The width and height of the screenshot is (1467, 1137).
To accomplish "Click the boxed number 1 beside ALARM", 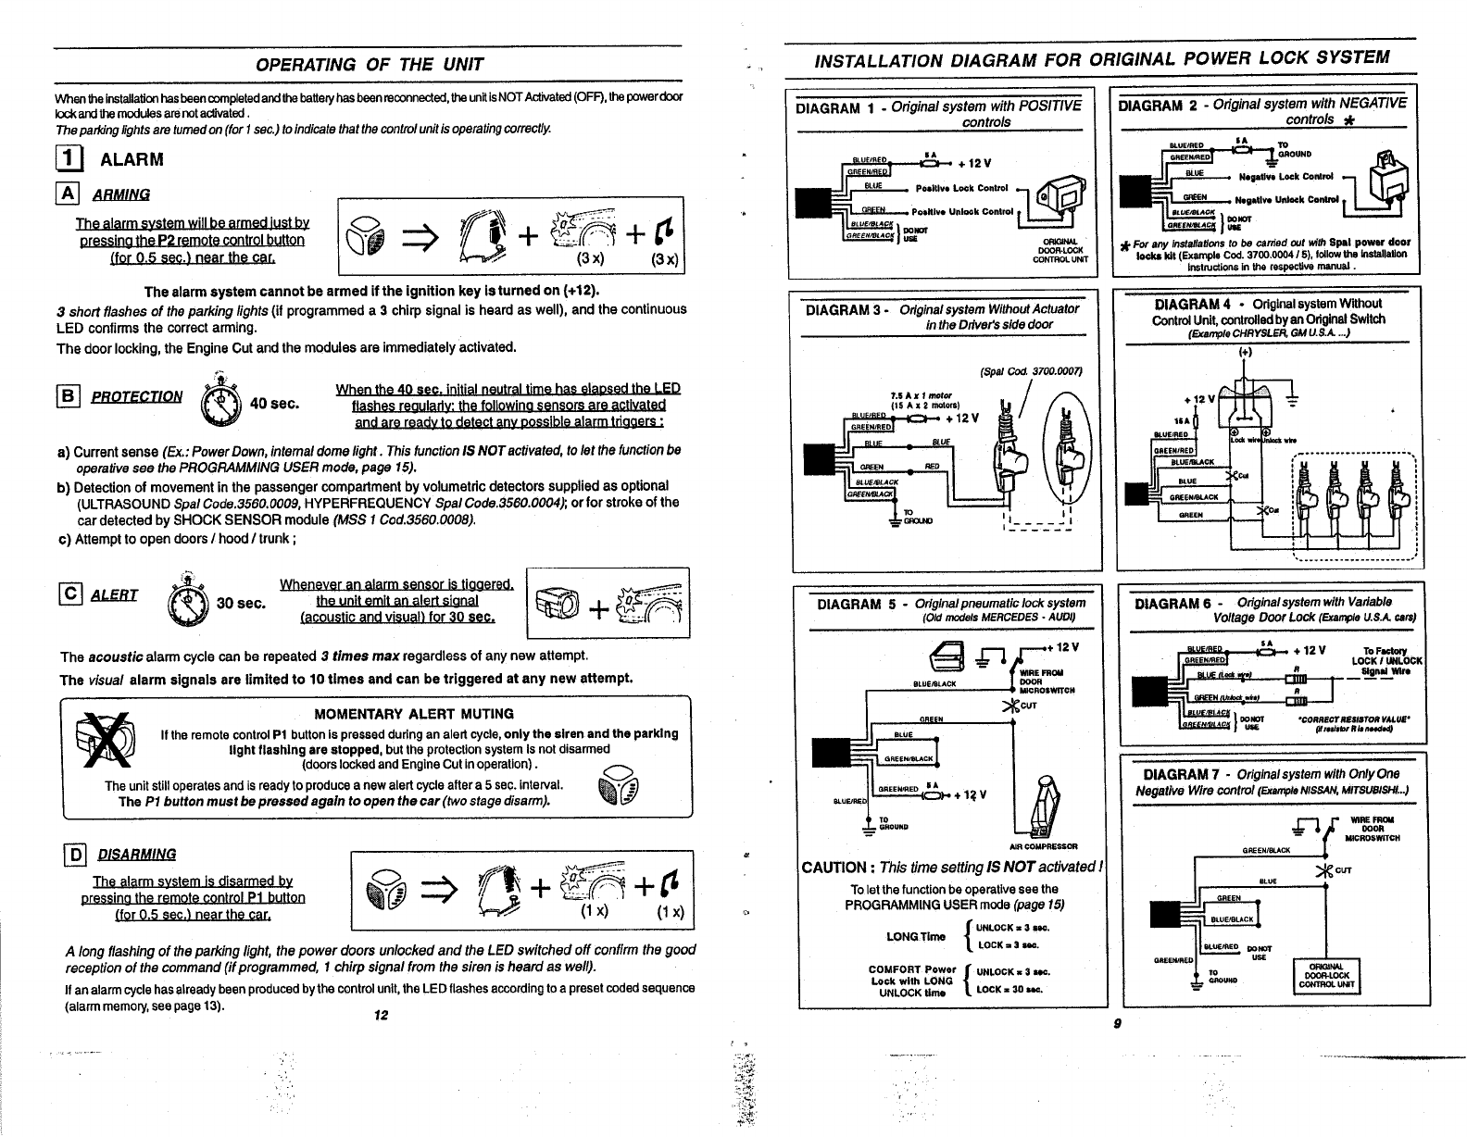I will coord(68,159).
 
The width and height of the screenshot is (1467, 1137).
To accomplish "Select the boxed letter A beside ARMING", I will coord(67,194).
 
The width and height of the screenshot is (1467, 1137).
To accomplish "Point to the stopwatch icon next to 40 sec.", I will coord(219,401).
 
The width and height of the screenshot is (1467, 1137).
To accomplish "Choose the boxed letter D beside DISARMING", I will coord(68,854).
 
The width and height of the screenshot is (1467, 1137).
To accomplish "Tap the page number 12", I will coord(379,1015).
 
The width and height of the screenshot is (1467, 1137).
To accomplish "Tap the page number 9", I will coord(1119,1023).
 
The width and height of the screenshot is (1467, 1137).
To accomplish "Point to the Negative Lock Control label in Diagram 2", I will coord(1287,176).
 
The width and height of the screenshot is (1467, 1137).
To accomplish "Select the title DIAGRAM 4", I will coord(1193,304).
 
